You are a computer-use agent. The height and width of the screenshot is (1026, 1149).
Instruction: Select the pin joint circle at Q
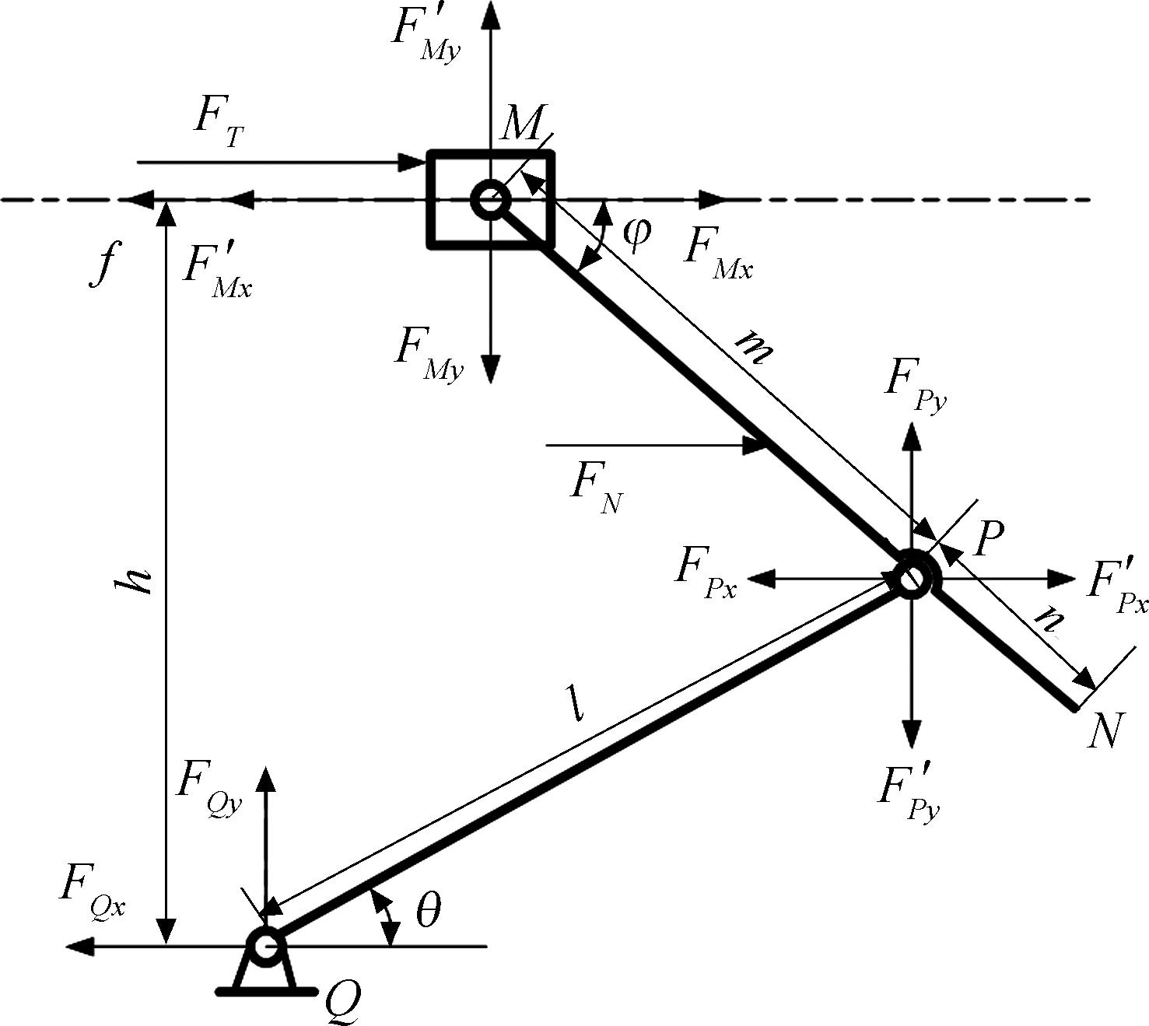[x=264, y=945]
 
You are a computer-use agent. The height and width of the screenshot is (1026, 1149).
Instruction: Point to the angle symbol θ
[x=428, y=910]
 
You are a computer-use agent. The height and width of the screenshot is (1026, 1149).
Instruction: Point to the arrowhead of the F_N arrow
[x=755, y=446]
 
